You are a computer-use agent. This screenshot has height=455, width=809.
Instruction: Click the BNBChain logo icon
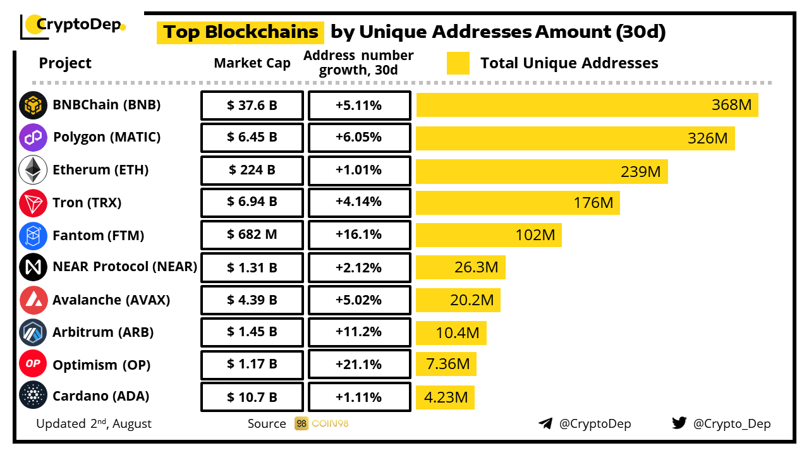[33, 106]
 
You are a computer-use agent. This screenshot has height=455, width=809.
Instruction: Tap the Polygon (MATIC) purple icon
[33, 138]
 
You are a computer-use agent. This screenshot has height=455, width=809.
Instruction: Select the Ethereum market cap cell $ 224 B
[252, 171]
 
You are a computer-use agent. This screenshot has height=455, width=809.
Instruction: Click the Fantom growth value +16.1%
[359, 235]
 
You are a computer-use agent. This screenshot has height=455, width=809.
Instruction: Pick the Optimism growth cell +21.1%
[359, 365]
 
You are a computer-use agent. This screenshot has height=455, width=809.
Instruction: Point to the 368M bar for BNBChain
[587, 105]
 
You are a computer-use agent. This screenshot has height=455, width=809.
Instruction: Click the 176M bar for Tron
[518, 203]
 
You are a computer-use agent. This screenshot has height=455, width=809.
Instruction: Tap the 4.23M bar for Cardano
[445, 397]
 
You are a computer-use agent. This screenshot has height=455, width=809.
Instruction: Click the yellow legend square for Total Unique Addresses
[458, 63]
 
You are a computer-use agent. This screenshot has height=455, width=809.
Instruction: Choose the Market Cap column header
[252, 63]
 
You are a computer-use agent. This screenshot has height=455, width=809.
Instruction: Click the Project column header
[65, 63]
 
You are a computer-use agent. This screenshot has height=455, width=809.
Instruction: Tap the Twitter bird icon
[679, 423]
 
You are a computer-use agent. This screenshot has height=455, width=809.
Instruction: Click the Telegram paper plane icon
[545, 423]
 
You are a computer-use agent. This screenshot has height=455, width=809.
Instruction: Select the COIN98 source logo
[322, 423]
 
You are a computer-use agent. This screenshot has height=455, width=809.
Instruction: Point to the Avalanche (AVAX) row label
[111, 300]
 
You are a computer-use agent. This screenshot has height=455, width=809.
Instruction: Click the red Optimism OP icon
[33, 365]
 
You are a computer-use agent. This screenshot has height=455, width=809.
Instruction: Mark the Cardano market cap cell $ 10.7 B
[252, 397]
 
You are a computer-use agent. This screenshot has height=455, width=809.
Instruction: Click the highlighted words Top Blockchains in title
[240, 32]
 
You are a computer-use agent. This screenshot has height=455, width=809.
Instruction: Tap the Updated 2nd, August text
[94, 423]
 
